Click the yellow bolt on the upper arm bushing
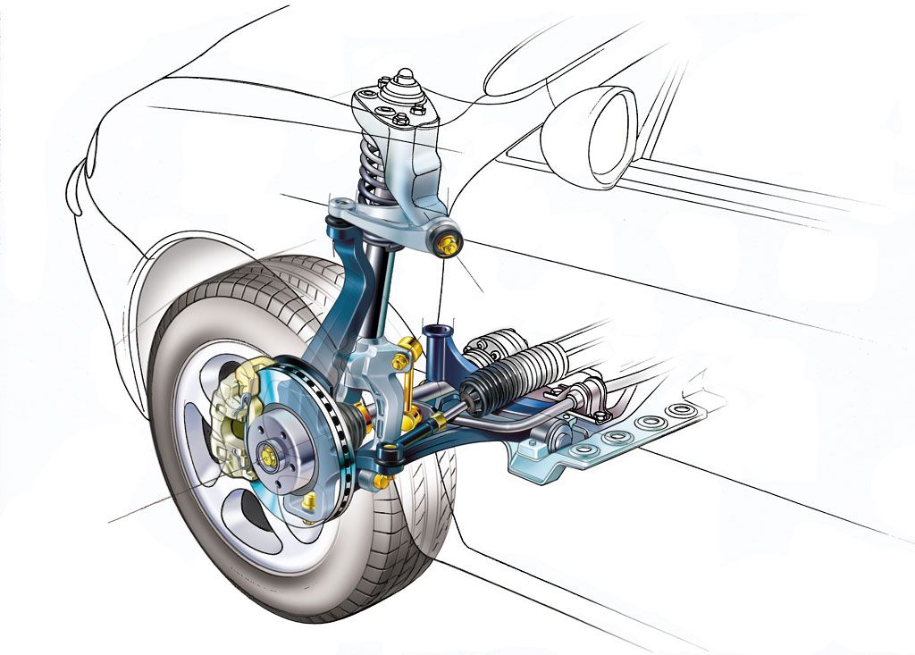click(x=449, y=242)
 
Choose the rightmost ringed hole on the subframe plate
click(x=683, y=410)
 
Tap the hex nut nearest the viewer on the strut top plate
click(x=399, y=118)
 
